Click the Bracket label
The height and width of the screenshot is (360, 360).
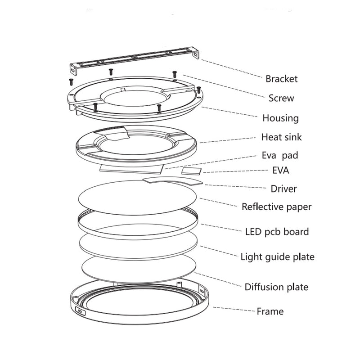tap(281, 79)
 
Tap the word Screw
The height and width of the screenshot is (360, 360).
tap(281, 98)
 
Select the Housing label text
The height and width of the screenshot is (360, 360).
tap(280, 118)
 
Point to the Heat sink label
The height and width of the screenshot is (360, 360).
tap(281, 137)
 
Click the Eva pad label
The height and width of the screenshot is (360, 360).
tap(279, 156)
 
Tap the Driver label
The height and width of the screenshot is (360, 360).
tap(283, 189)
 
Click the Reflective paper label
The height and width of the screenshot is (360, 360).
tap(276, 207)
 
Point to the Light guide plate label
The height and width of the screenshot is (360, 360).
tap(277, 257)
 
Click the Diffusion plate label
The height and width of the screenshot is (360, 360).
tap(276, 287)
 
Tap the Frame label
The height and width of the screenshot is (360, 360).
tap(270, 311)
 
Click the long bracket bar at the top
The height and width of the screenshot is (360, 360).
tap(135, 58)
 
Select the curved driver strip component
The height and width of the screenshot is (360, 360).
tap(173, 180)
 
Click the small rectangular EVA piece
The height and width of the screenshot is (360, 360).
tap(192, 171)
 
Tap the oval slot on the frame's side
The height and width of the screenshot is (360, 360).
tap(81, 311)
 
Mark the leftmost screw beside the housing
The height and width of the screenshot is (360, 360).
tap(71, 81)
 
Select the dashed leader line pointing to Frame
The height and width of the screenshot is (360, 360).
tap(234, 310)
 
